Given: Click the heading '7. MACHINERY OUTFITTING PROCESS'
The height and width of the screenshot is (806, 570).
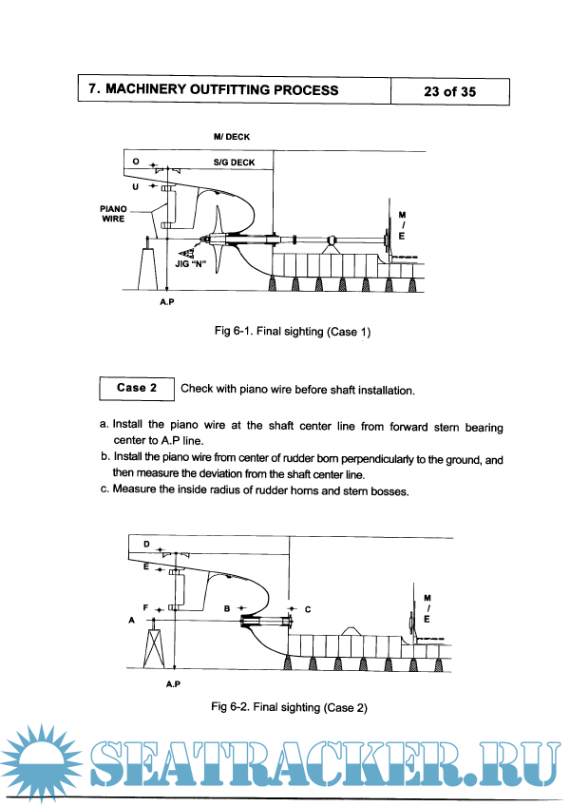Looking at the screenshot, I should coord(213,90).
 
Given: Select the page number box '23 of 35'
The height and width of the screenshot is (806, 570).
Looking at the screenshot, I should coord(449,91).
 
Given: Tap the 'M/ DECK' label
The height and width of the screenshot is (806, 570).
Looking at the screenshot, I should coord(232,137).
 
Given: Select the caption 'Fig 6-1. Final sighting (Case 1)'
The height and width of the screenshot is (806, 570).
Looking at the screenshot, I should coord(291,332).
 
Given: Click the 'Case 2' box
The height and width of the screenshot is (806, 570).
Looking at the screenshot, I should coord(131,388).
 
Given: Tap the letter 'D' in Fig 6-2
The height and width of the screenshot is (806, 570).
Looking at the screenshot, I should coord(146,544).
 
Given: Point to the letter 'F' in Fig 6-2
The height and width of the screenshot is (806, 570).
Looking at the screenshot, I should coord(145,606).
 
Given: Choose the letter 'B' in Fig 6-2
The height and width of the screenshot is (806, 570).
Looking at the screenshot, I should coord(227,606).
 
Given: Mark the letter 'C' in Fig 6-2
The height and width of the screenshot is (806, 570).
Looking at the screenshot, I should coord(308,607).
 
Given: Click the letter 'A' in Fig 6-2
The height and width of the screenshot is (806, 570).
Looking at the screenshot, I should coord(130,618).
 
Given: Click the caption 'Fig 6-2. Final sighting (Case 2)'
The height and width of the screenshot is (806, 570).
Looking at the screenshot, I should coord(290,707).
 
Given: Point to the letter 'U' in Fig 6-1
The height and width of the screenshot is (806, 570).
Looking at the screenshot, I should coord(137,187).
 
